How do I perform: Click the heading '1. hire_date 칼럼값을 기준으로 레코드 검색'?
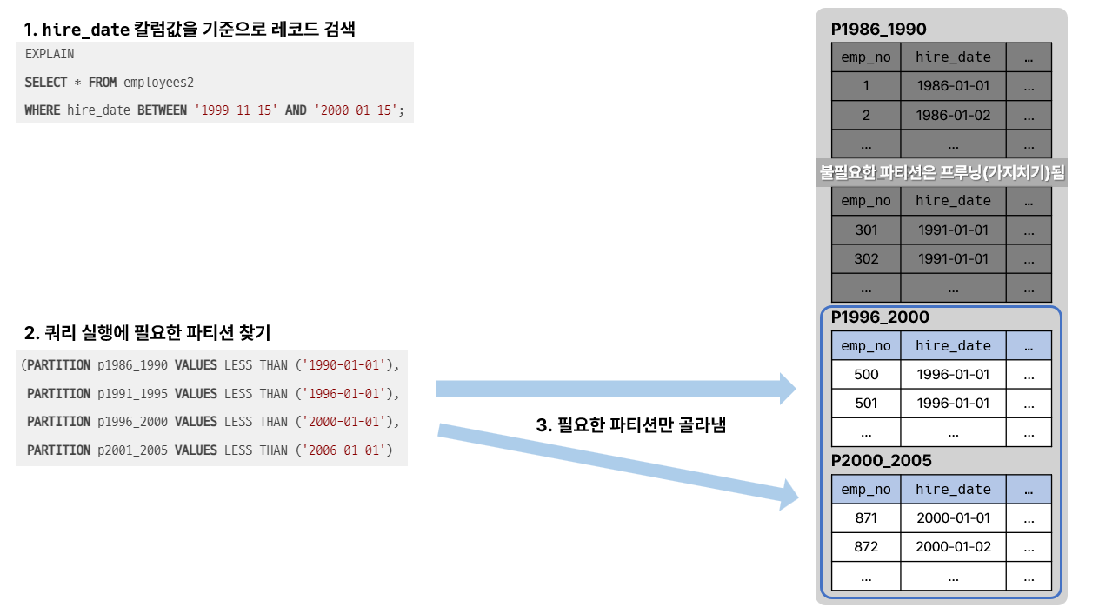pyautogui.click(x=190, y=29)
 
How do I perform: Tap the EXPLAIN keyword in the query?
pyautogui.click(x=50, y=54)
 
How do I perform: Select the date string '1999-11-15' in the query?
pyautogui.click(x=236, y=110)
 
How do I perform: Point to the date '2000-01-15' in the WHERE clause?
pyautogui.click(x=356, y=110)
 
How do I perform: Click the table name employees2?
pyautogui.click(x=158, y=83)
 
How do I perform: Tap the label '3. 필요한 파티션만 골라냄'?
pyautogui.click(x=631, y=425)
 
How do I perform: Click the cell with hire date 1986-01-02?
pyautogui.click(x=953, y=115)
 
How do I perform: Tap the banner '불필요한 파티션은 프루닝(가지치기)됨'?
pyautogui.click(x=942, y=173)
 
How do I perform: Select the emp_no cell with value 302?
pyautogui.click(x=866, y=258)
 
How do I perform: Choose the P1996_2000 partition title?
pyautogui.click(x=880, y=317)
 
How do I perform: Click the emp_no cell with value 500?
pyautogui.click(x=866, y=374)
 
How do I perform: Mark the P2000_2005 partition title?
pyautogui.click(x=881, y=461)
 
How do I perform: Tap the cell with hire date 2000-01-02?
pyautogui.click(x=953, y=547)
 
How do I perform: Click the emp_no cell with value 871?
pyautogui.click(x=866, y=518)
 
